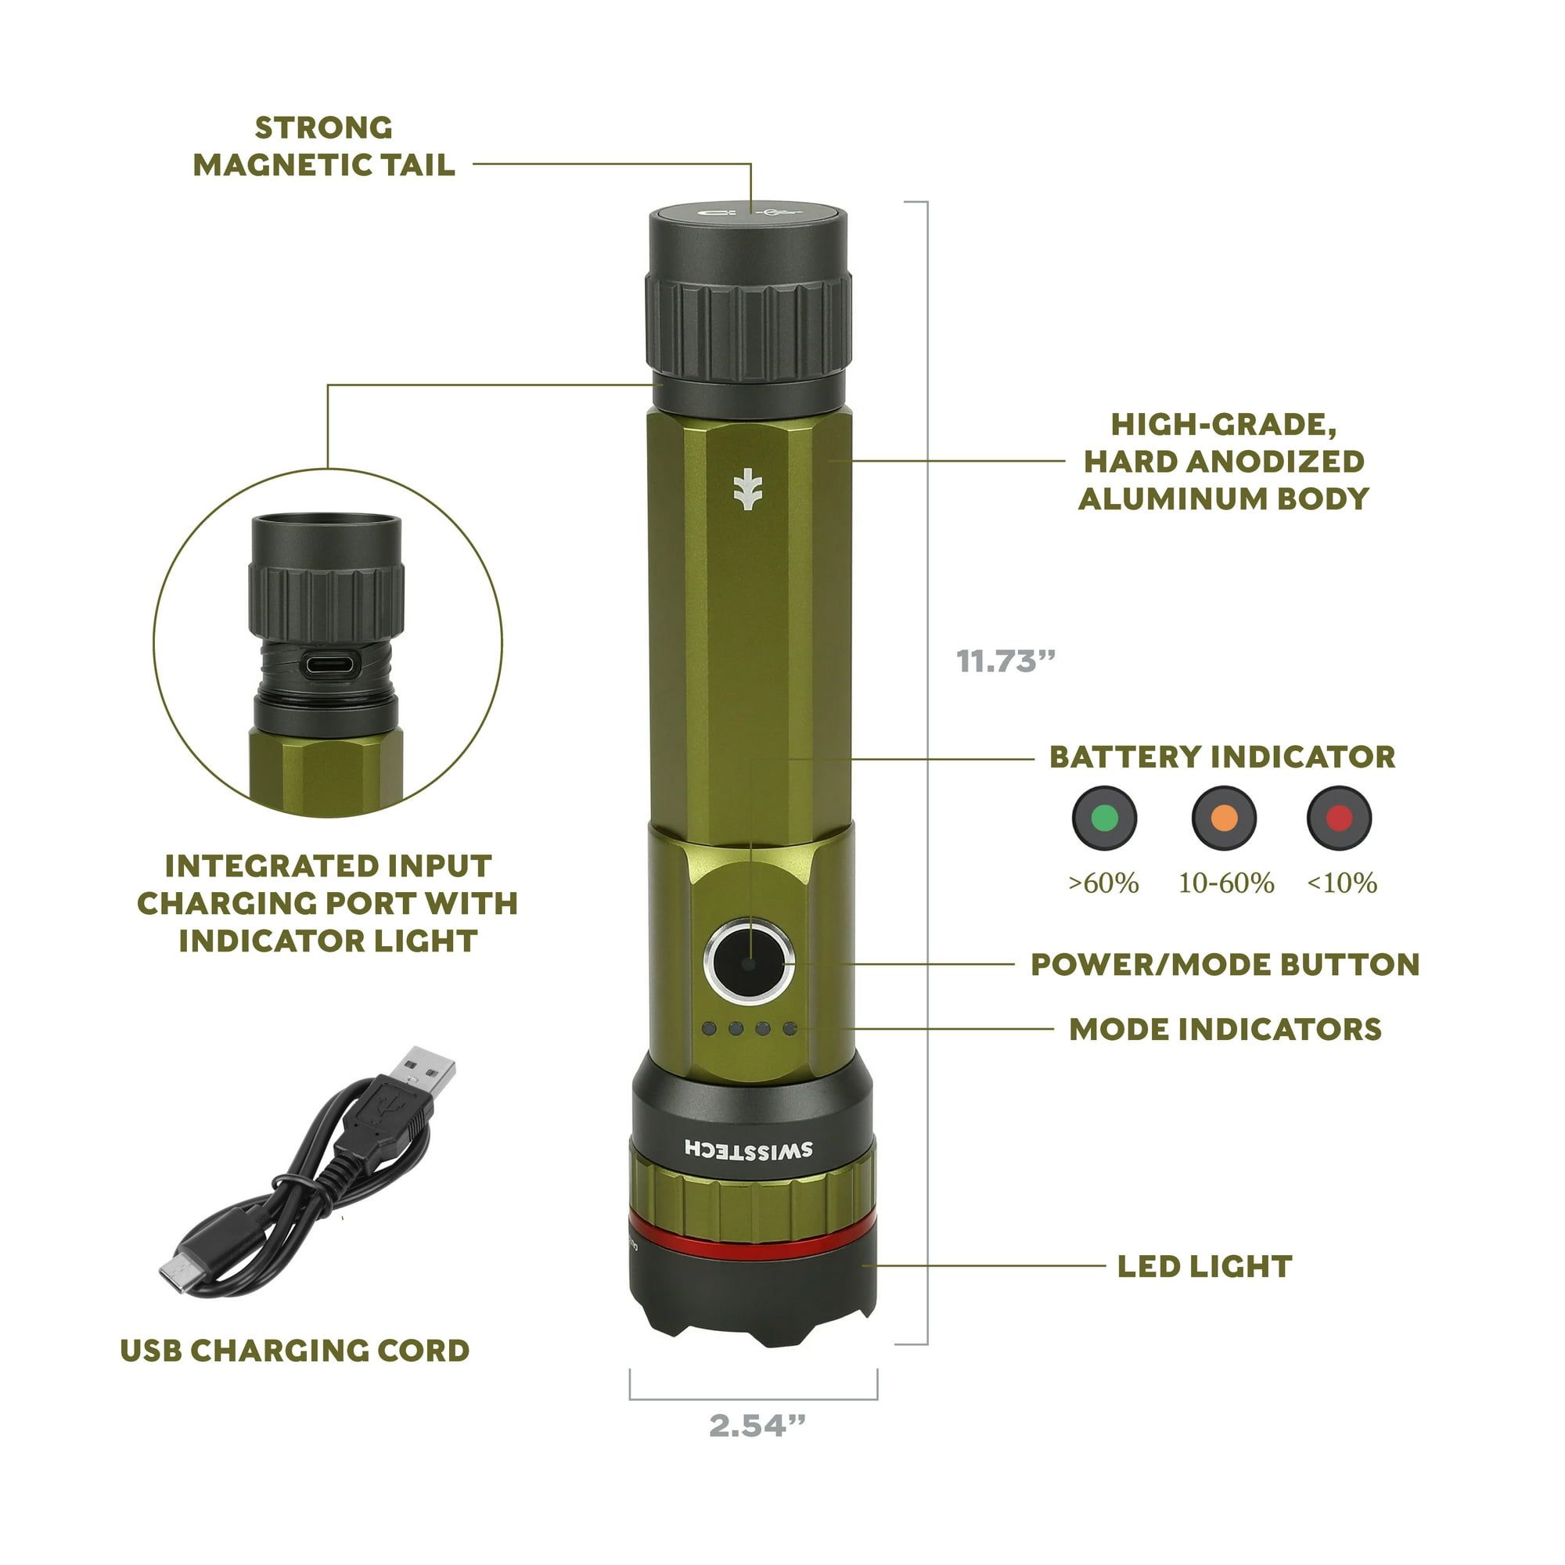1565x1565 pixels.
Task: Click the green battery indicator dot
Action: pyautogui.click(x=1105, y=818)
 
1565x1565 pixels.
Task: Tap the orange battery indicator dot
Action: pyautogui.click(x=1224, y=818)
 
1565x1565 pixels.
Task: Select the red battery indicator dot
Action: pyautogui.click(x=1340, y=818)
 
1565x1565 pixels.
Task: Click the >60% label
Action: pyautogui.click(x=1103, y=882)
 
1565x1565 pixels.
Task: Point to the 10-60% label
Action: pyautogui.click(x=1226, y=882)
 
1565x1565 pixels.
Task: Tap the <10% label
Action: pyautogui.click(x=1342, y=882)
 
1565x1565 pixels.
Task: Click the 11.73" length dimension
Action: pyautogui.click(x=1006, y=661)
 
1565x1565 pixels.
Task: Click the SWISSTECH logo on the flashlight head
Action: pyautogui.click(x=749, y=1149)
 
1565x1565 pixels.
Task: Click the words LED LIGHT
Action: pyautogui.click(x=1204, y=1267)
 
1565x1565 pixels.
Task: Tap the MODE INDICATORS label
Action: pyautogui.click(x=1225, y=1030)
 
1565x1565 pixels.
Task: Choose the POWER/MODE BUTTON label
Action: pyautogui.click(x=1225, y=965)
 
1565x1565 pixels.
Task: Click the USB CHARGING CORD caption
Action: pyautogui.click(x=295, y=1351)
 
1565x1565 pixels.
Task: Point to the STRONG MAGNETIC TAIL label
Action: pyautogui.click(x=324, y=146)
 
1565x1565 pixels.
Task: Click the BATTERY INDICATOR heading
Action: pyautogui.click(x=1222, y=757)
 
